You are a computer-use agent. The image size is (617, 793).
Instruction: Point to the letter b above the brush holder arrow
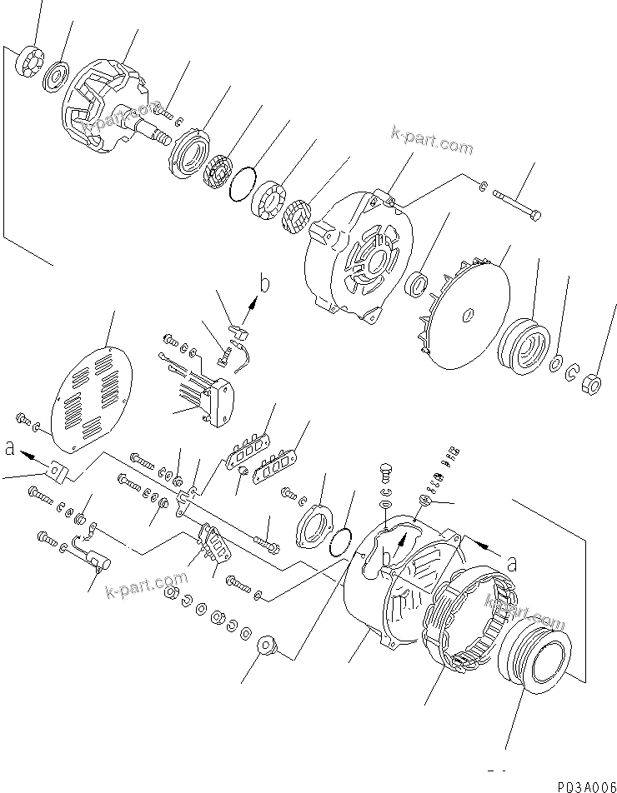[x=264, y=286]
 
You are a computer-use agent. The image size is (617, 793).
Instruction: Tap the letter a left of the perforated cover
[x=9, y=450]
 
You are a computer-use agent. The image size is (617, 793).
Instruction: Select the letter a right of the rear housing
[x=512, y=562]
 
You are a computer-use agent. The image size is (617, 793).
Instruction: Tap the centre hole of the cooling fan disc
[x=469, y=315]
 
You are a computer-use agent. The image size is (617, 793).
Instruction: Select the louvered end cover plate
[x=92, y=396]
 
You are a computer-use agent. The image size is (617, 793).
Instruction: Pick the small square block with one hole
[x=56, y=472]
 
